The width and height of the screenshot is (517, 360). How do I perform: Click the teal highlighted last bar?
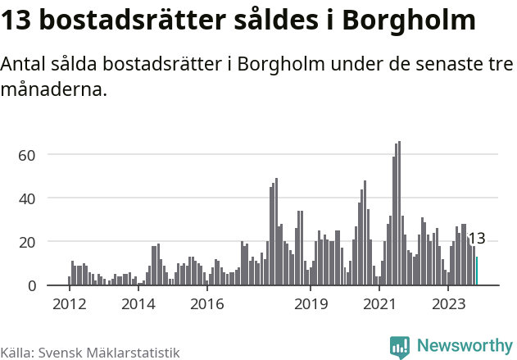[477, 271]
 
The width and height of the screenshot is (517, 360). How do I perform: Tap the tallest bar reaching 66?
[399, 213]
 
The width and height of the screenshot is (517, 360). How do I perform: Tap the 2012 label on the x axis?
[69, 304]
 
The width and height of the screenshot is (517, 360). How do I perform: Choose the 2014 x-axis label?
[138, 304]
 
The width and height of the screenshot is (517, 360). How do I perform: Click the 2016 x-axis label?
[206, 304]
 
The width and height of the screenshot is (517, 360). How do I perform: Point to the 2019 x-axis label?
[311, 304]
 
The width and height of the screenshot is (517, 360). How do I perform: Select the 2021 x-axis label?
[379, 304]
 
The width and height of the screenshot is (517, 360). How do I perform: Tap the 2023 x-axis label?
[448, 304]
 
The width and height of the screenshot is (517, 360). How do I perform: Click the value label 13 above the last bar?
[476, 239]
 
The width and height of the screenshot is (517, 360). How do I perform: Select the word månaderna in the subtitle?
[53, 89]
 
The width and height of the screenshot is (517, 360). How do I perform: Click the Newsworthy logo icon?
[400, 346]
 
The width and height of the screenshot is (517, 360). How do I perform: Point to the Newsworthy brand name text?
[465, 346]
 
